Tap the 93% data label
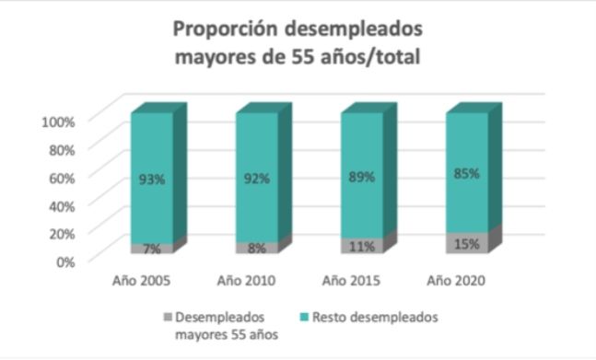tap(152, 180)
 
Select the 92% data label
tap(257, 179)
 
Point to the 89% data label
tap(363, 176)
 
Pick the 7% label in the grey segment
tap(152, 249)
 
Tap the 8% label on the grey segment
tap(257, 248)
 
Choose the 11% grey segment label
tap(363, 246)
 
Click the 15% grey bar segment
tap(468, 243)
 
